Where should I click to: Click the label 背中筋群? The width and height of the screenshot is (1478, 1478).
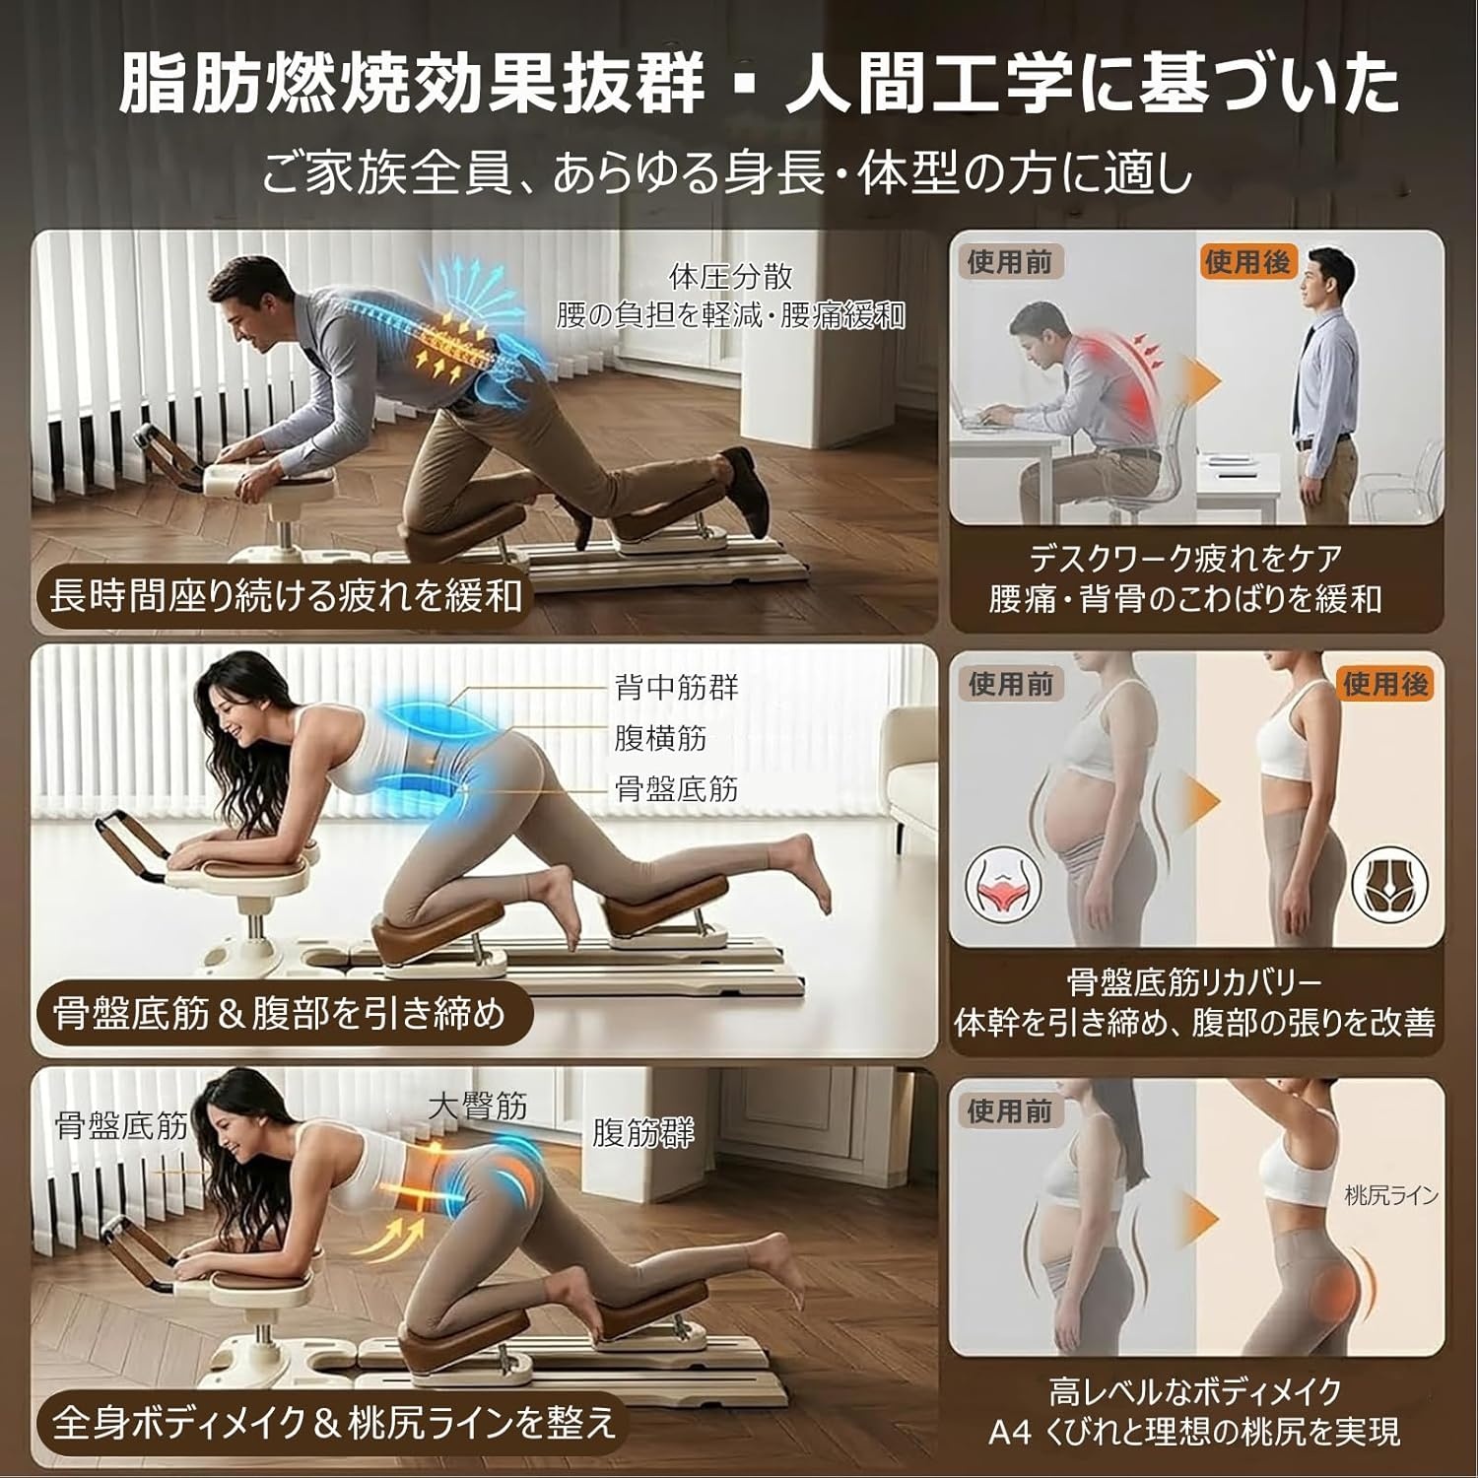676,687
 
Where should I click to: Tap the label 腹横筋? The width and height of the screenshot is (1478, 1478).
660,738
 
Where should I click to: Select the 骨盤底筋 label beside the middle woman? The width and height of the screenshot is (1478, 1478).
676,788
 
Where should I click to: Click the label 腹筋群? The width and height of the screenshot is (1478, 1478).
642,1133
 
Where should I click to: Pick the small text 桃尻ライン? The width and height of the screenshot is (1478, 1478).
1391,1196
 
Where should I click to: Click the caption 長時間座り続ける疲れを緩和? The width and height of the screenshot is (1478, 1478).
286,595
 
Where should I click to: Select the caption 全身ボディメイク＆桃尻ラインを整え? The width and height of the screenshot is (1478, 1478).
334,1423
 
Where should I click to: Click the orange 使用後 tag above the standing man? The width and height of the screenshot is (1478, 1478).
1247,262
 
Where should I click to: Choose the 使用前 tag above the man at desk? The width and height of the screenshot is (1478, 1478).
1010,262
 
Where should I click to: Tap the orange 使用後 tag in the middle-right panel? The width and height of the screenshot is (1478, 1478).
1385,684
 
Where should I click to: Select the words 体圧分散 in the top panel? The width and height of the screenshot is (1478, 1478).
730,277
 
